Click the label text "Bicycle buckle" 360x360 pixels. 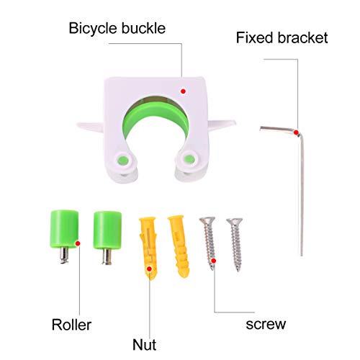tap(117, 30)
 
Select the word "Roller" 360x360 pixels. tap(71, 325)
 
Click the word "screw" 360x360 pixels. tap(264, 325)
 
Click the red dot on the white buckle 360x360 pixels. tap(183, 91)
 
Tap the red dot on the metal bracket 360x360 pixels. tap(296, 131)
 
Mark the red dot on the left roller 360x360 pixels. tap(78, 243)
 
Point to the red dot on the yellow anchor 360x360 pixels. tap(150, 270)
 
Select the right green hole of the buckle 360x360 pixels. tap(190, 158)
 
